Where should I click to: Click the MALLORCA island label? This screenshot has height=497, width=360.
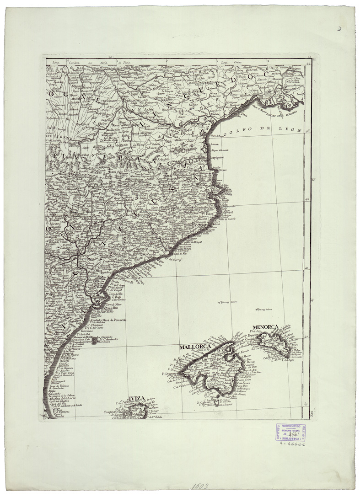click(x=194, y=347)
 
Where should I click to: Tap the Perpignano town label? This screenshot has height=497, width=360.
click(x=218, y=158)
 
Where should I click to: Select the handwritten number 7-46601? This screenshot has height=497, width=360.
click(x=291, y=444)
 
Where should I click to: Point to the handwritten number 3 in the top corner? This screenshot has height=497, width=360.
click(x=339, y=29)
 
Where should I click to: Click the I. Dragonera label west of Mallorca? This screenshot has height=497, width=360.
click(x=169, y=374)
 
